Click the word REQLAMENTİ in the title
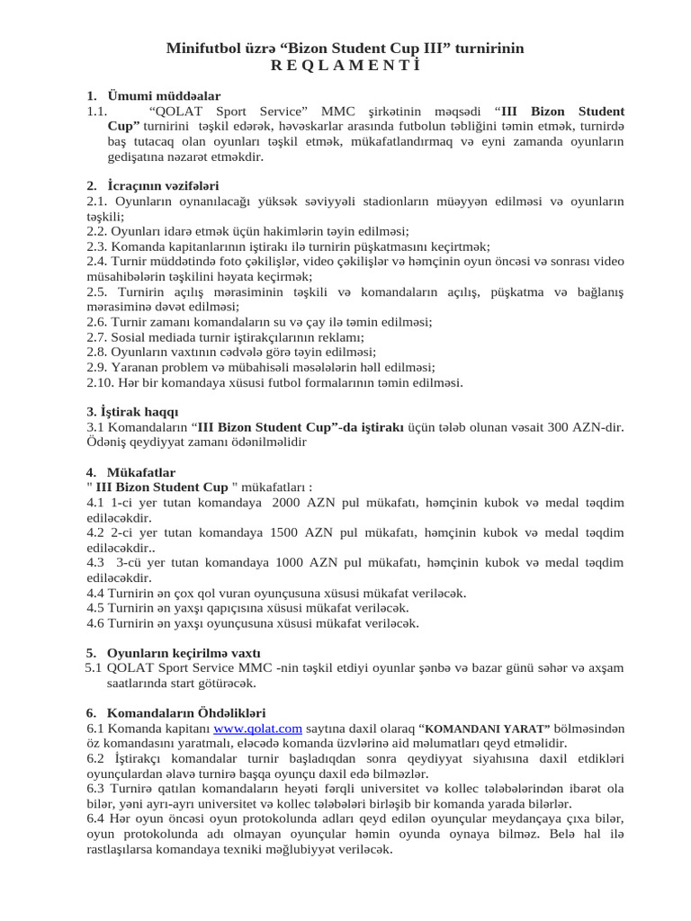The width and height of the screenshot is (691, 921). pos(345,66)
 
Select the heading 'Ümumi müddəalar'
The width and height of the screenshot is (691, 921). pos(164,96)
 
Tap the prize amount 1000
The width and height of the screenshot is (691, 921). pos(290,563)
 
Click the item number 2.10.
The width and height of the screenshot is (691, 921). pos(102,382)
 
